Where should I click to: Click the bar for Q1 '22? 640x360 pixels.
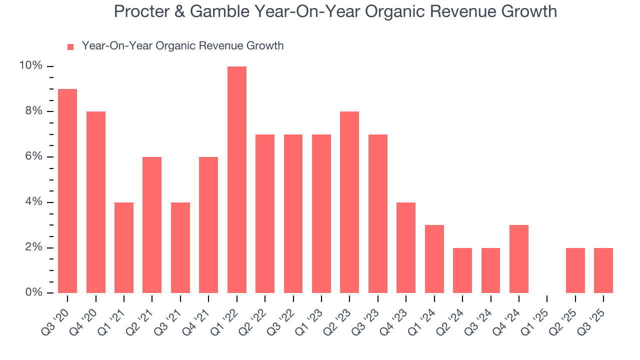[x=236, y=180]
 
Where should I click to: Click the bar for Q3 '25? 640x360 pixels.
[x=603, y=270]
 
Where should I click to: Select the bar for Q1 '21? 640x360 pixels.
[x=124, y=247]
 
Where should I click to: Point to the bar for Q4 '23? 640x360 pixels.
[x=406, y=247]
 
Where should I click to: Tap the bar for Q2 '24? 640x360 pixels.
[x=462, y=270]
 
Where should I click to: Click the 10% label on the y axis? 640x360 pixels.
[x=30, y=66]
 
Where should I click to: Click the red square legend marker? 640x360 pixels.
[x=70, y=46]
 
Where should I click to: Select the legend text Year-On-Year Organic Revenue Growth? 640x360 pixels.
[x=182, y=46]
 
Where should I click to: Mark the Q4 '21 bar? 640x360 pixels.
[x=208, y=225]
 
